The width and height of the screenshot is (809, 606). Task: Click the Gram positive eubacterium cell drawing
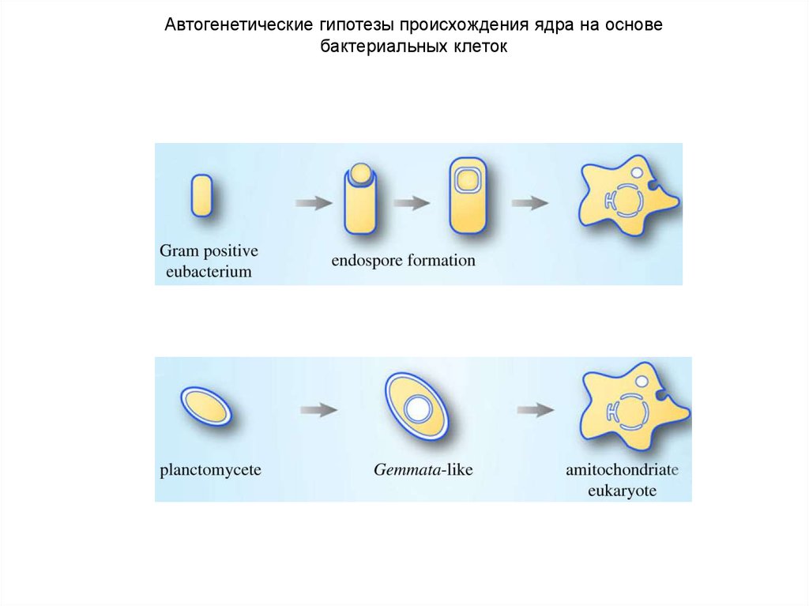(x=201, y=196)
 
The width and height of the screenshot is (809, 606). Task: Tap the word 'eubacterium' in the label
(x=209, y=272)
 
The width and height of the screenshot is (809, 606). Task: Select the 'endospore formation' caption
(x=404, y=261)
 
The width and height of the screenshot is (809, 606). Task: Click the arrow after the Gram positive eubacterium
(x=314, y=203)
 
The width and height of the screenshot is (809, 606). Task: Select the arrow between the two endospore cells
(x=412, y=203)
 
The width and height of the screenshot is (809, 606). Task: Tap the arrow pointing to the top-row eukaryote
(x=530, y=203)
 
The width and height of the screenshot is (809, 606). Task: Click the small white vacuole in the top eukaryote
(x=637, y=172)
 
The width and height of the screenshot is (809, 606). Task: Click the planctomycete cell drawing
(x=206, y=406)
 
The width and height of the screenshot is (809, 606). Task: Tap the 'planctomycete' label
(x=210, y=470)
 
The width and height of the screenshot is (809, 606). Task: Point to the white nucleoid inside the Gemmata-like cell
(x=416, y=409)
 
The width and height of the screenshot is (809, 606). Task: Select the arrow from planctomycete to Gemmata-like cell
(x=319, y=410)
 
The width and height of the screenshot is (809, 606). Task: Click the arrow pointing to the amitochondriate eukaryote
(x=536, y=410)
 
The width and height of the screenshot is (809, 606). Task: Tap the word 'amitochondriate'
(x=623, y=470)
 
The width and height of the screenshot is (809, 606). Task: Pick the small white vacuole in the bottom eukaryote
(x=642, y=382)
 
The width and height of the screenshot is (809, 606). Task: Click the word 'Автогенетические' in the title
(x=236, y=24)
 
